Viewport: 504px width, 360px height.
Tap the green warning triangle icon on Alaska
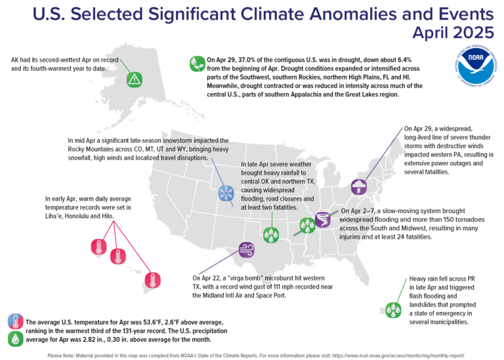point(134,79)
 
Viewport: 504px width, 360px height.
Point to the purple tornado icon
point(324,220)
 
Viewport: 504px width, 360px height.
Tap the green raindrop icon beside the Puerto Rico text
point(393,309)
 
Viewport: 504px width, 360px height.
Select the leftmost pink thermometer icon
point(98,247)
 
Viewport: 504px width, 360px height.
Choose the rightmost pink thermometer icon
point(153,281)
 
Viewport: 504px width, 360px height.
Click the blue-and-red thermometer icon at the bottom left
point(14,321)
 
